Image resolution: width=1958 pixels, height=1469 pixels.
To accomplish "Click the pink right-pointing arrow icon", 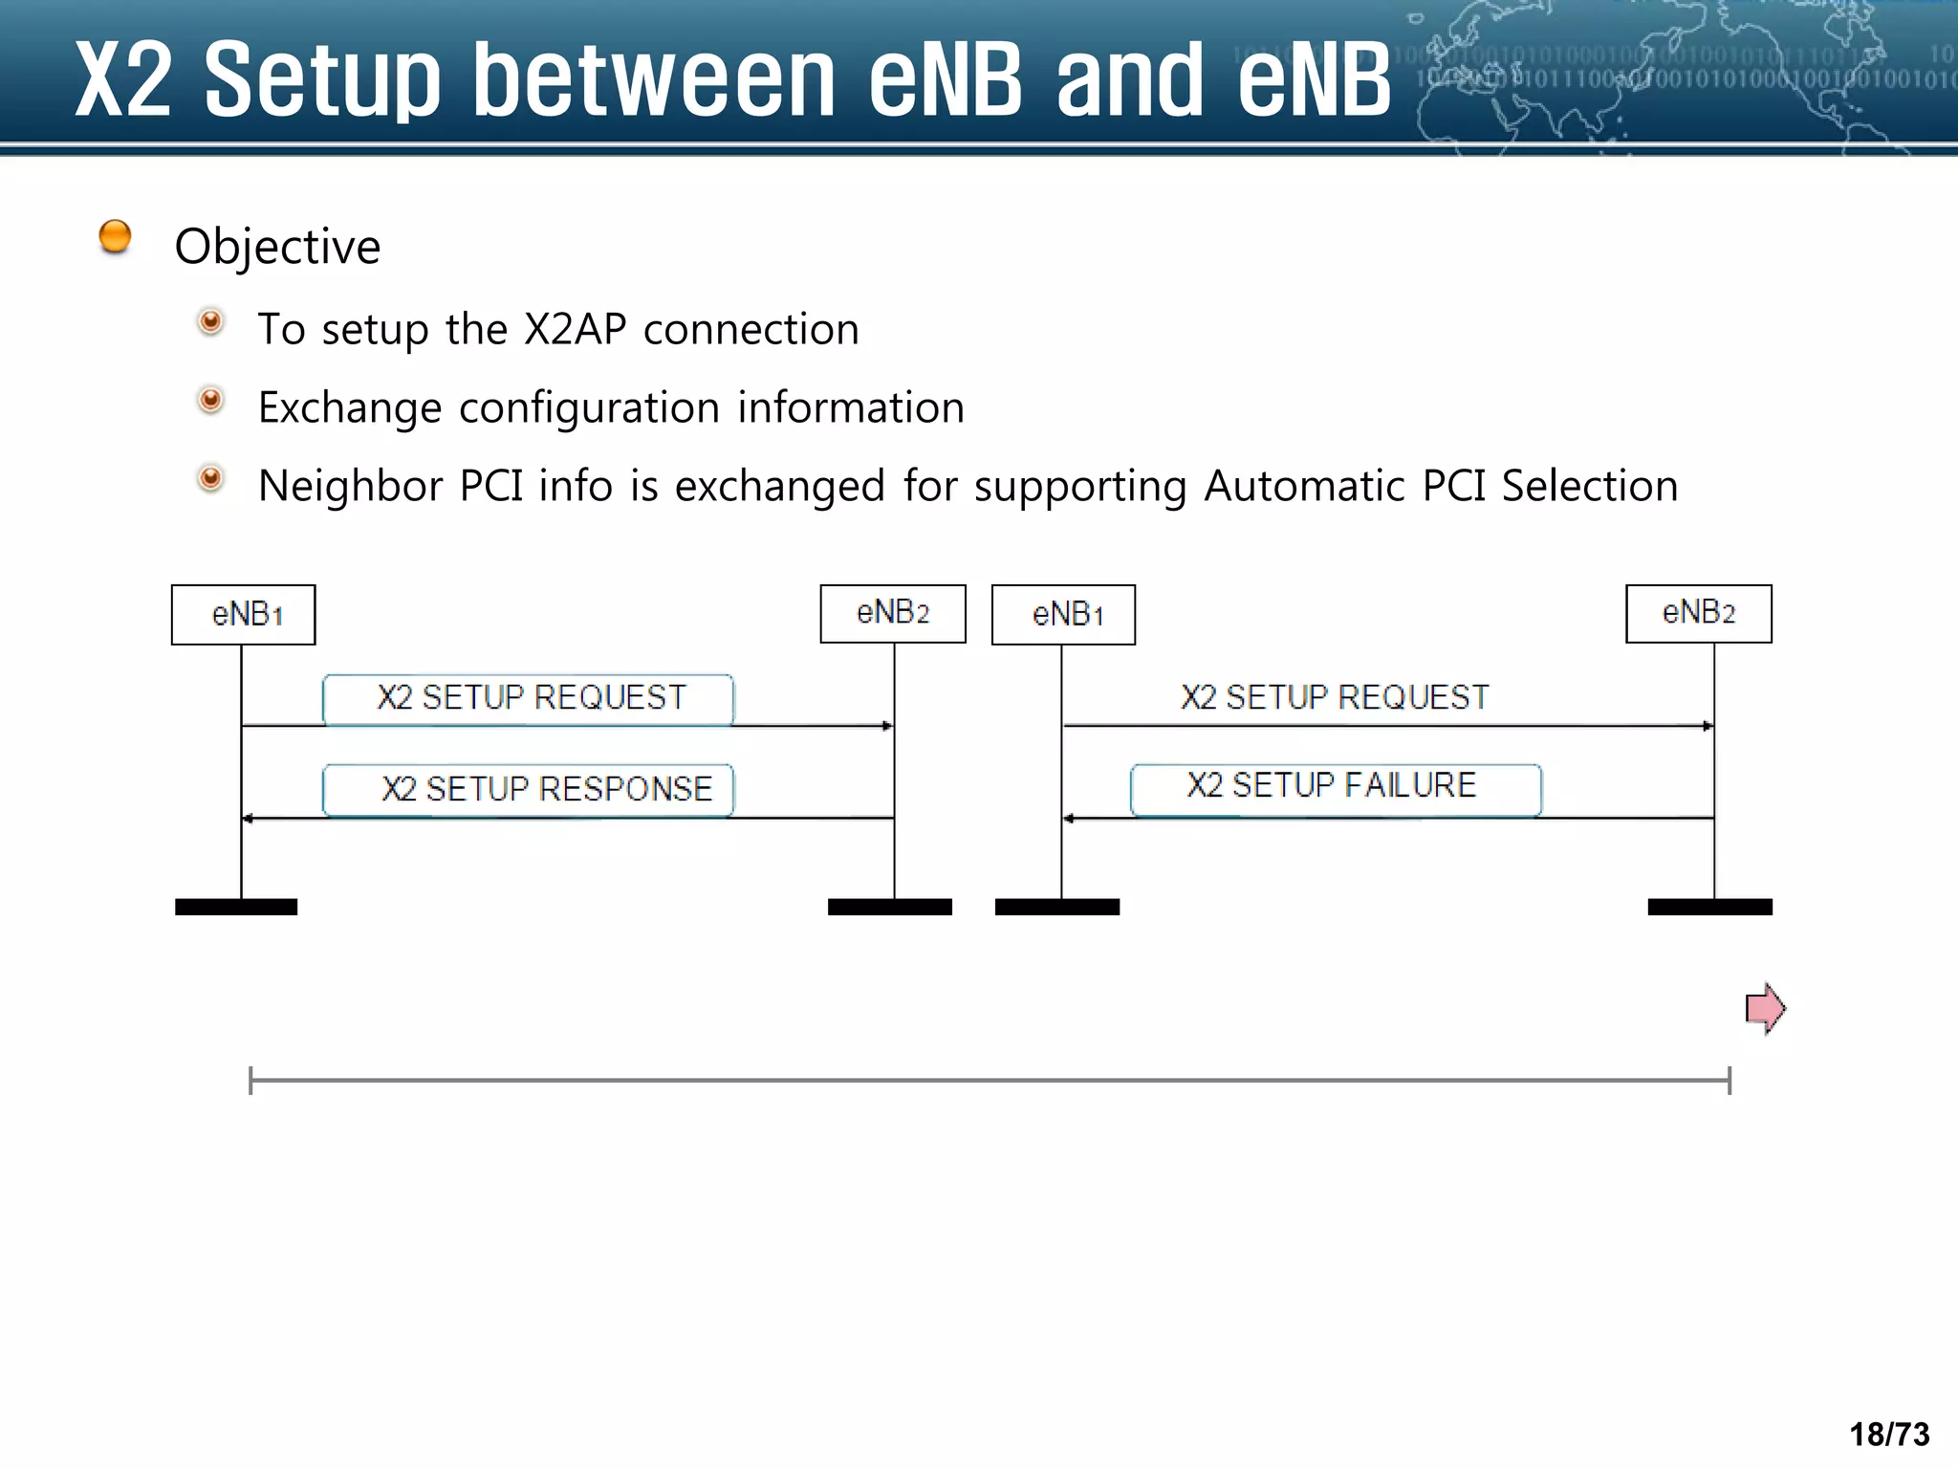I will (1765, 1008).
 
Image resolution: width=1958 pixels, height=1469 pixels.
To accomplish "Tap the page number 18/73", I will (1889, 1435).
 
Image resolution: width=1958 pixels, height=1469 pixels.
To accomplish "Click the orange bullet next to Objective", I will (115, 236).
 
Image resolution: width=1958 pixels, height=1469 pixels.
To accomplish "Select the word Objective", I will (277, 247).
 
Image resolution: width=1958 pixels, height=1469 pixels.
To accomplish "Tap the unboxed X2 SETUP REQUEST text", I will (1335, 698).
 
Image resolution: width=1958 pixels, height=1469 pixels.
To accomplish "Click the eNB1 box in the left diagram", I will (243, 615).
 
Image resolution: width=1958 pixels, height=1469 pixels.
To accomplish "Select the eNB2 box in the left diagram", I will (893, 614).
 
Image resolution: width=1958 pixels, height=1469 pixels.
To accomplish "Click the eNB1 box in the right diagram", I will (1063, 615).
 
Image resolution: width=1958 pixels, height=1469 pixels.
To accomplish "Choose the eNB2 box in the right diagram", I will (1698, 614).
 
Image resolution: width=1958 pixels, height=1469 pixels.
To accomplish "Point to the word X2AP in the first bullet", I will (576, 330).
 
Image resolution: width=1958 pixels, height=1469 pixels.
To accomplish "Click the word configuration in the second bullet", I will (589, 408).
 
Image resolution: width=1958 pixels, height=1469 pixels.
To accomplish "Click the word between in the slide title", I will (654, 80).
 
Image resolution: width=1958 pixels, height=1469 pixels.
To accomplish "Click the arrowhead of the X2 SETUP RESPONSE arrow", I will (248, 819).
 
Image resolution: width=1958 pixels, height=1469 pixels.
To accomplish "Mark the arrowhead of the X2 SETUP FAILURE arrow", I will (1069, 819).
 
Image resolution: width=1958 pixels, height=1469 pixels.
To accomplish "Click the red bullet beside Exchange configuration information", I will (210, 400).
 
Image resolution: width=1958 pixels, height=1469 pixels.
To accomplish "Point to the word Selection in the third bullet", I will (1590, 486).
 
